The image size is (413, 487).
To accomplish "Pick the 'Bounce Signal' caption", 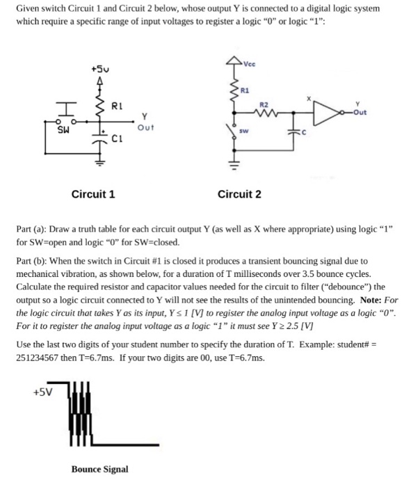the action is click(99, 470).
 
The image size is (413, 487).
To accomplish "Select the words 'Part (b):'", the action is click(33, 262).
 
